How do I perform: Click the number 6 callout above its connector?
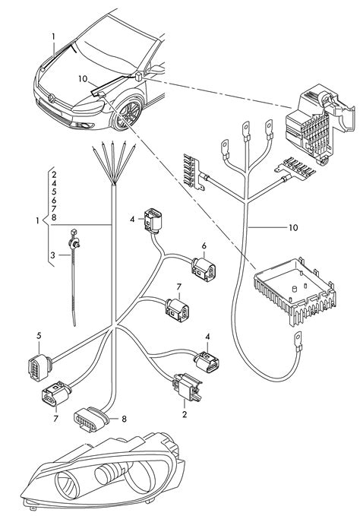[204, 246]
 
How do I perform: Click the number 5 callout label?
[38, 335]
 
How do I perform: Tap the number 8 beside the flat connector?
[123, 418]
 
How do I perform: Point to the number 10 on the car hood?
[82, 78]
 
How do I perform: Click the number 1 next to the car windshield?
[53, 36]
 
